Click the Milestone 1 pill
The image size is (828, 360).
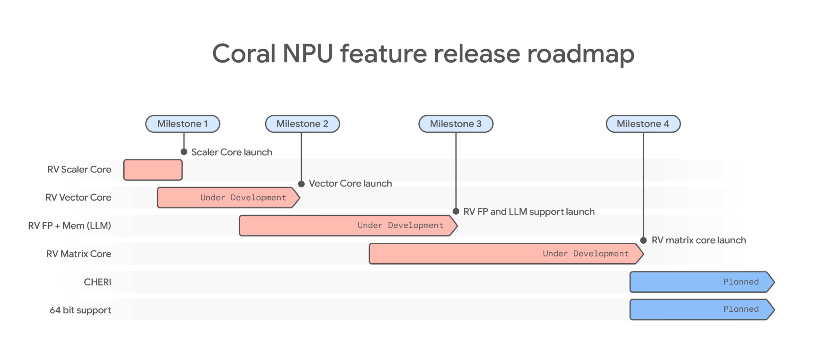click(183, 124)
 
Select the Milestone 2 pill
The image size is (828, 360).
click(302, 124)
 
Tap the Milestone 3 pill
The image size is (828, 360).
click(456, 124)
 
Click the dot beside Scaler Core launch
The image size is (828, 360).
click(184, 152)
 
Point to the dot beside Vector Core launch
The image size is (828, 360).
click(301, 184)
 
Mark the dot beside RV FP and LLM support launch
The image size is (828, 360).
click(456, 211)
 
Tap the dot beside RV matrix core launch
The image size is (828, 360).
click(643, 240)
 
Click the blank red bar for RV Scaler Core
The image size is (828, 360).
click(153, 170)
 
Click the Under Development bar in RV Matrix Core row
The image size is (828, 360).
click(505, 254)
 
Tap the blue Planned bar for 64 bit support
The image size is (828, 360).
click(701, 310)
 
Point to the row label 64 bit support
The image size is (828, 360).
click(80, 310)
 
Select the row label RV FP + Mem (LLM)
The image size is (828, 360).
click(69, 226)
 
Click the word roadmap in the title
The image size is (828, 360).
click(580, 54)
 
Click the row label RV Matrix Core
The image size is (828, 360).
click(79, 254)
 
